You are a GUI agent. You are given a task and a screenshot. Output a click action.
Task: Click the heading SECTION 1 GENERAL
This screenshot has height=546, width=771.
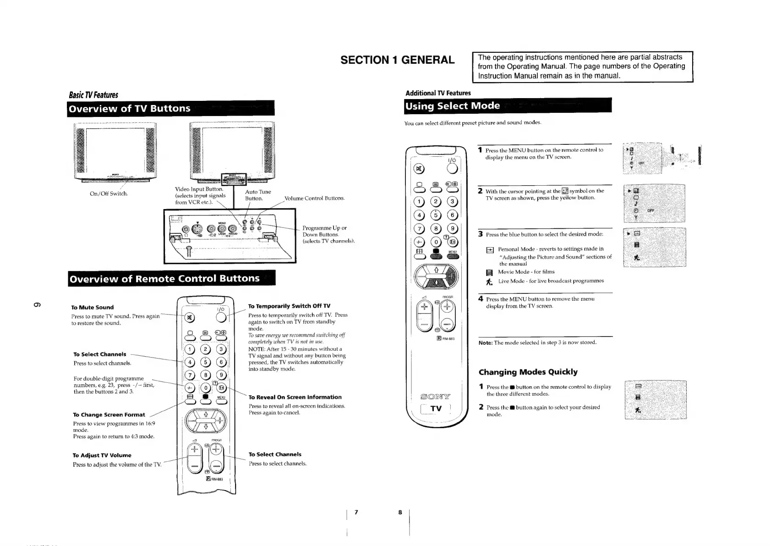pos(397,60)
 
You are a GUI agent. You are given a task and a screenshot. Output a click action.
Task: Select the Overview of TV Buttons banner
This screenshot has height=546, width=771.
pos(129,109)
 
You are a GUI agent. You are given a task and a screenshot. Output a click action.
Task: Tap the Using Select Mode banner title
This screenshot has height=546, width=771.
pos(452,106)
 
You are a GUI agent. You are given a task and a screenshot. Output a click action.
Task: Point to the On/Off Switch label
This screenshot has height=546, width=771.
pos(109,193)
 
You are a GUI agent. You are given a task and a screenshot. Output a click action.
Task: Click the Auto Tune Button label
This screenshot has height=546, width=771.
pos(257,195)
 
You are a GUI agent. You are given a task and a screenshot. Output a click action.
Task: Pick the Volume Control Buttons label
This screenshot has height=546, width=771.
pos(314,199)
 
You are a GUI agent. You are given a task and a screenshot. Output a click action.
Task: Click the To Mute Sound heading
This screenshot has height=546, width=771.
pos(92,307)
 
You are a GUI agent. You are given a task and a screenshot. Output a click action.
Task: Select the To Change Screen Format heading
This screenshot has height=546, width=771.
pos(109,414)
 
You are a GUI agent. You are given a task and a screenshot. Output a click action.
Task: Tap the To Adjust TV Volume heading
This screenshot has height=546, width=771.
pos(102,455)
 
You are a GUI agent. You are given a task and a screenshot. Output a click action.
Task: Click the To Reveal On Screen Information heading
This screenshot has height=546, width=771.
pos(295,397)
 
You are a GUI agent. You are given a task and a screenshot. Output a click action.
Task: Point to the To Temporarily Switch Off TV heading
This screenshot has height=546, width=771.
pos(289,306)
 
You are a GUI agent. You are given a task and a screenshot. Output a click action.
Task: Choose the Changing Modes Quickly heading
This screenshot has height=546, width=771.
pos(528,372)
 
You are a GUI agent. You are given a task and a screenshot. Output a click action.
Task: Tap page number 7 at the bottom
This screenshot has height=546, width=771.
pos(356,512)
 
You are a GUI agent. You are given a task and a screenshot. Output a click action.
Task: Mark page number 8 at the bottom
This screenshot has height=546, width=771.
pos(399,512)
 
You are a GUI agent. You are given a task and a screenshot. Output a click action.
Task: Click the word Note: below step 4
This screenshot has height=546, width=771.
pos(485,342)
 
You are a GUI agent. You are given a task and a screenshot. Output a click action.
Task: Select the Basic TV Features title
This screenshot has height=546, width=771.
pos(93,95)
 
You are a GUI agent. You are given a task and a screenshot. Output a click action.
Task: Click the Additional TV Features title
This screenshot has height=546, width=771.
pos(438,93)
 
